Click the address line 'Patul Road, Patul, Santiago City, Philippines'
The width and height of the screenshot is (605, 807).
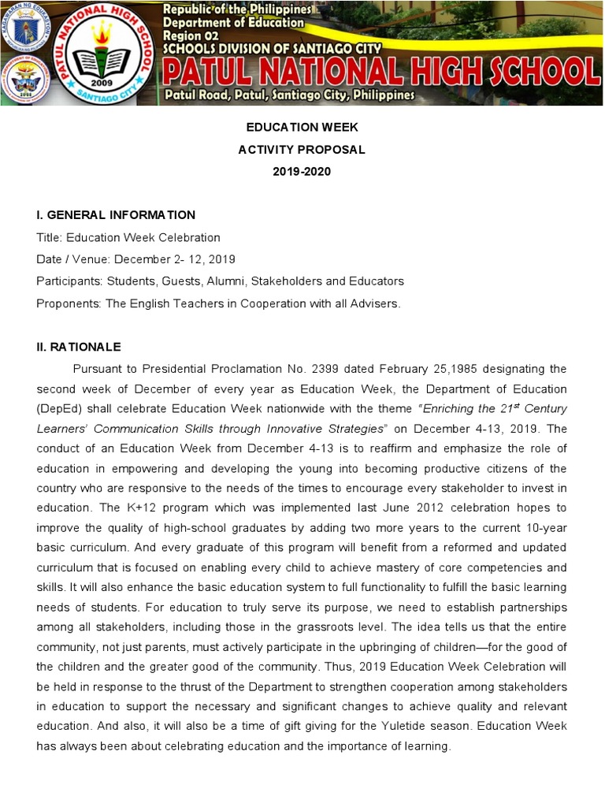(288, 95)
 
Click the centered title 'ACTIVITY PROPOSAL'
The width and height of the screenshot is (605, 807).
(302, 150)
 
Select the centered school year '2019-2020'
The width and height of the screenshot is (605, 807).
(302, 172)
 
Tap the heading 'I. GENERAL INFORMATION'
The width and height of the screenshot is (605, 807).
(116, 215)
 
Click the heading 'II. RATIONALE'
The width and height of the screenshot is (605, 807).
(79, 347)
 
